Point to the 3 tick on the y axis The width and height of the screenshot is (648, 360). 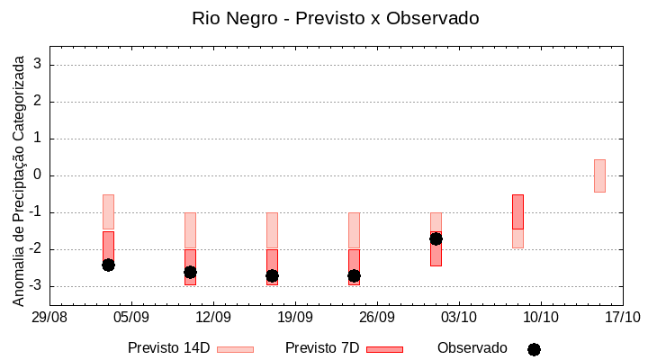(38, 65)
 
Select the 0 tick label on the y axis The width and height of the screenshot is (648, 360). (38, 175)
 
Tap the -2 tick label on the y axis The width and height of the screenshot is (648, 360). (35, 249)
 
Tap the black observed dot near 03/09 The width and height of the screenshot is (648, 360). (108, 265)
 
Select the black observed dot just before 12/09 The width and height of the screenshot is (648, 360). (190, 272)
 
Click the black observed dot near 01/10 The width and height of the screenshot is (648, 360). (436, 238)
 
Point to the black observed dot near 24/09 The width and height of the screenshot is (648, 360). (354, 275)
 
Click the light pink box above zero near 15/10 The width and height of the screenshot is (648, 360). (599, 175)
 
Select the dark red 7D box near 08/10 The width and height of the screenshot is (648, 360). (517, 211)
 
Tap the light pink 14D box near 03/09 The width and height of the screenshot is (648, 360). (108, 211)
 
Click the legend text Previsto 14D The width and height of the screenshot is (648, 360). (169, 348)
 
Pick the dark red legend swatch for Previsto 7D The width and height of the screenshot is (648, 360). (384, 349)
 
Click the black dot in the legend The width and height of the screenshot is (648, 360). (534, 349)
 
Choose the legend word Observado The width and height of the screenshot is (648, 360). (472, 348)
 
